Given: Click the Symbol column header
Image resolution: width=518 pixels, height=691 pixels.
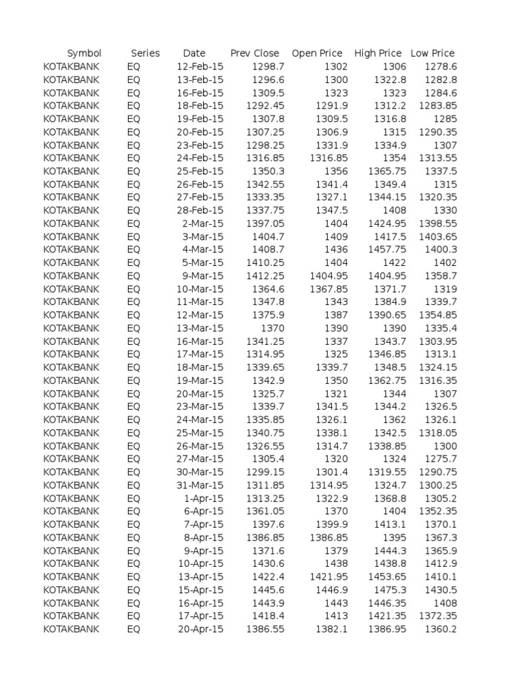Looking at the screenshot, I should click(84, 53).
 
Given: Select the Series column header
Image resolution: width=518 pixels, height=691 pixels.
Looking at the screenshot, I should click(145, 53).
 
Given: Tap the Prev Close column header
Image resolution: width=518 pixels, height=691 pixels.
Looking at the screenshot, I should click(255, 53).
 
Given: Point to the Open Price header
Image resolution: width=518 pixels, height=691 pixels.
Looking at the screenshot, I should click(317, 53).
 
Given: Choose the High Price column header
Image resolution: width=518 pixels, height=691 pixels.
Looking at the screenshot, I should click(378, 53).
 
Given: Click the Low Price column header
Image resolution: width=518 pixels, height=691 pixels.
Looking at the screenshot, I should click(432, 53).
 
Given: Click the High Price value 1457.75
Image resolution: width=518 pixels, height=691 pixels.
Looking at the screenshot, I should click(387, 250).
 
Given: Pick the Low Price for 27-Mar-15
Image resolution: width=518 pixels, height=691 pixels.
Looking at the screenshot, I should click(440, 459).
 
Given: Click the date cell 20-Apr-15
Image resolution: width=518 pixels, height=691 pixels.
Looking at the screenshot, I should click(200, 629).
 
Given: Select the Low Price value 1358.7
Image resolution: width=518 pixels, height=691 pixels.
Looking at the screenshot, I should click(440, 276).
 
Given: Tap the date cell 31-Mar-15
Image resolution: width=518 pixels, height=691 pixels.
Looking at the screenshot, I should click(199, 485).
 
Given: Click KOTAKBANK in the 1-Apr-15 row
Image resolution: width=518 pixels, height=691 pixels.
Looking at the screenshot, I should click(71, 498).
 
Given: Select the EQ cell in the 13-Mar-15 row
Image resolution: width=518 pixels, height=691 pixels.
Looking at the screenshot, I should click(133, 328).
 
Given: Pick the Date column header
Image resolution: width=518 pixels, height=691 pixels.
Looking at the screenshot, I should click(194, 53).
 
